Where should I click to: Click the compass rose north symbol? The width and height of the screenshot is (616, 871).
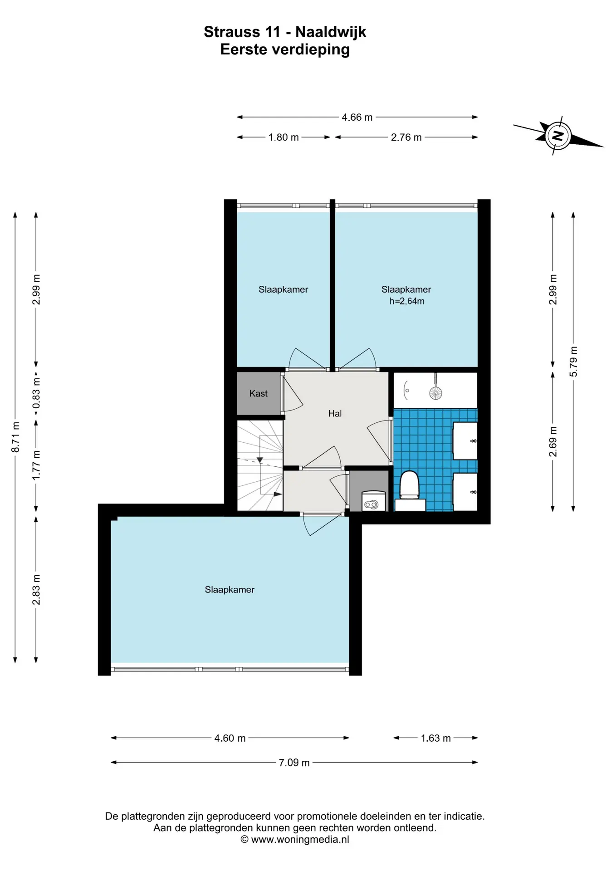(558, 136)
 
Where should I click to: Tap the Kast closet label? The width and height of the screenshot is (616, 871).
(259, 393)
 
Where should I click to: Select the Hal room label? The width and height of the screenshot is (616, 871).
(335, 413)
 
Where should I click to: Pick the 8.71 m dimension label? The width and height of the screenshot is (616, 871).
(16, 437)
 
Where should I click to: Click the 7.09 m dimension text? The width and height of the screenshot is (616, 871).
(294, 763)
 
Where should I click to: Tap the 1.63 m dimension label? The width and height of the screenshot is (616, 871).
(436, 738)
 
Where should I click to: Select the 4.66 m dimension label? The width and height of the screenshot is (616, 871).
(357, 117)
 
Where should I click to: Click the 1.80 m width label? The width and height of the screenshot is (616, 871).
(284, 137)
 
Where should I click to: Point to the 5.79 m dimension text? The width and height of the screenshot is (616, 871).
(574, 361)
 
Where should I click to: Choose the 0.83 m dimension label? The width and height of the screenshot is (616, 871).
(37, 393)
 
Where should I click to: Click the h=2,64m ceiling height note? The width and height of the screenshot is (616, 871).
(407, 301)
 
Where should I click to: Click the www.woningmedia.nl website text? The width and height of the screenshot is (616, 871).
(300, 839)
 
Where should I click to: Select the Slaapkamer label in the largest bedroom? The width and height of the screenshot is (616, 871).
(230, 590)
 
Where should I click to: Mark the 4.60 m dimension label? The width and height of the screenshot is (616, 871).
(230, 738)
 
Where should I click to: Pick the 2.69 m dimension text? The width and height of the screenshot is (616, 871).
(553, 441)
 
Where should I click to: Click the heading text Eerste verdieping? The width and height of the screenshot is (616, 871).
(285, 49)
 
